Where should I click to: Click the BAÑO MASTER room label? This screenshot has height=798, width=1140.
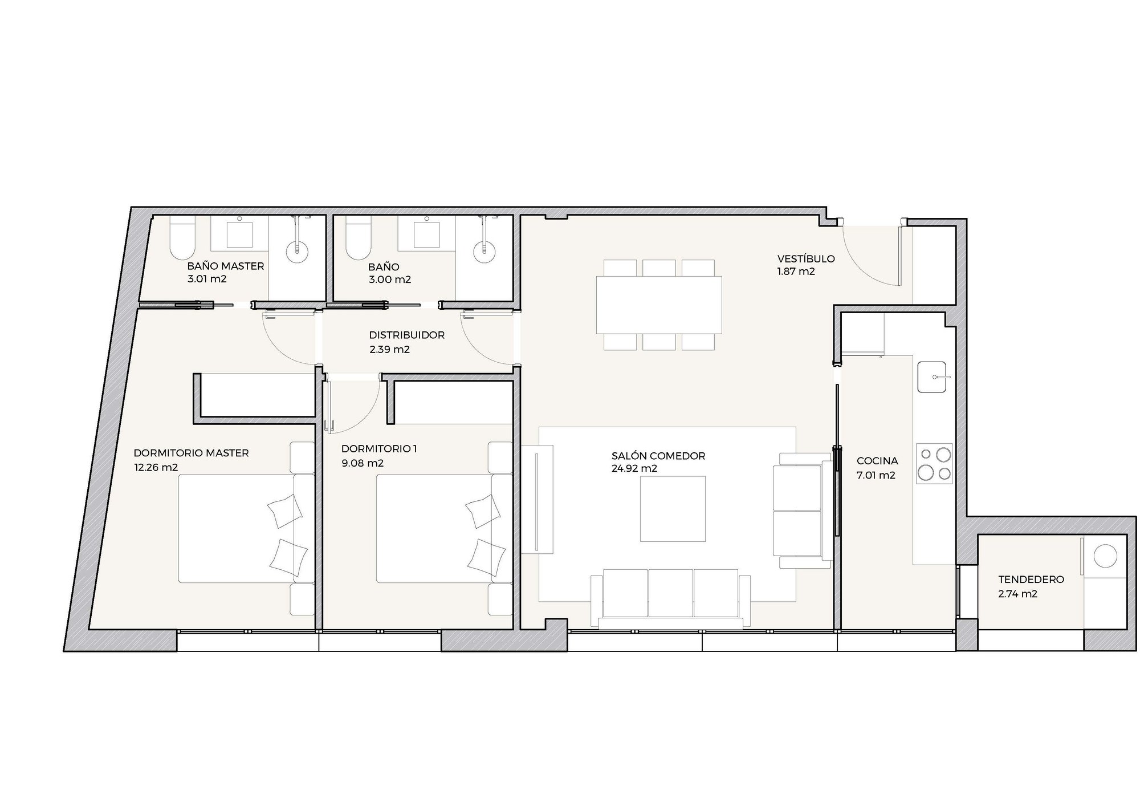tap(226, 266)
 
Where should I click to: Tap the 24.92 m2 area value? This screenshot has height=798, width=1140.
tap(634, 468)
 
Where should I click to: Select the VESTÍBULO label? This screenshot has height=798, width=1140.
tap(806, 258)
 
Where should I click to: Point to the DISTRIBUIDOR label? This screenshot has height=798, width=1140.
tap(406, 335)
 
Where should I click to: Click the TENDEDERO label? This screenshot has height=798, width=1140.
tap(1031, 580)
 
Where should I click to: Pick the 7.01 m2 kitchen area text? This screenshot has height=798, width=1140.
tap(876, 475)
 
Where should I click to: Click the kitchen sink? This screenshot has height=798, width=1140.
tap(931, 377)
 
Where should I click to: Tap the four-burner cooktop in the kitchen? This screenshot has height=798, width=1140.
tap(934, 464)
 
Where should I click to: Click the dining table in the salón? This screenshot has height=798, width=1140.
tap(659, 305)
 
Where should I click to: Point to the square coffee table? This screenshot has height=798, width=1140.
tap(673, 509)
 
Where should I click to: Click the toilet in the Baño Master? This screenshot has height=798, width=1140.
tap(182, 238)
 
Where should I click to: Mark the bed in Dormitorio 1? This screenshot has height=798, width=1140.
tap(444, 528)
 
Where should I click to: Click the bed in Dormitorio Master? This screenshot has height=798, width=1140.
tap(247, 528)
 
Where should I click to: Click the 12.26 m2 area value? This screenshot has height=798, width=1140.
tap(156, 468)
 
